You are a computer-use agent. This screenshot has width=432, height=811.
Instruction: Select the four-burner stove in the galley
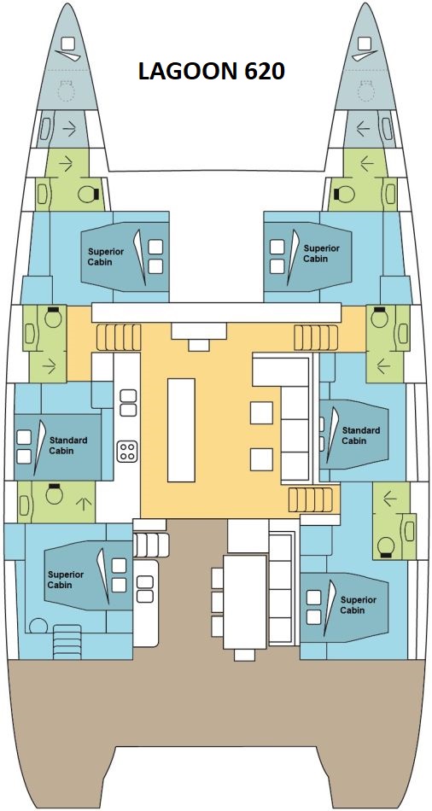[x=127, y=451]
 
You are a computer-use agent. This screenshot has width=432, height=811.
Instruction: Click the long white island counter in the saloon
[x=181, y=429]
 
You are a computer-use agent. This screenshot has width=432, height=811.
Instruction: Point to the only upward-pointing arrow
[x=84, y=503]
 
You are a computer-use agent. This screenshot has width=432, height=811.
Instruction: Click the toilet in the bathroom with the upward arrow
[x=54, y=494]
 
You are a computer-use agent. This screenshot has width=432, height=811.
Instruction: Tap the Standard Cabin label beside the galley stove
[x=68, y=446]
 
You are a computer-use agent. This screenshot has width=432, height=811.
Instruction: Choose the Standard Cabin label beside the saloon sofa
[x=361, y=435]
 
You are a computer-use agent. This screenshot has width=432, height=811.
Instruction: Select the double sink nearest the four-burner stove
[x=128, y=402]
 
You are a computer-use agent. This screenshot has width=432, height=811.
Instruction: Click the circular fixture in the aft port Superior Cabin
[x=38, y=627]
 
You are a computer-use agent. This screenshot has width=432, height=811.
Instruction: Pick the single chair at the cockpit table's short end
[x=244, y=656]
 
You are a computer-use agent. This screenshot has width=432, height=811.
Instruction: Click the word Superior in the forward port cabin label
[x=106, y=252]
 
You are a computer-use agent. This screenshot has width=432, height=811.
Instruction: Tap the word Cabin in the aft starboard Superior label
[x=353, y=610]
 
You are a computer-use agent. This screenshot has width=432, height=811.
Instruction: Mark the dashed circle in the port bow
[x=66, y=91]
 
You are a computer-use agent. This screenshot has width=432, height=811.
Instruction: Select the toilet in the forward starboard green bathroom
[x=344, y=195]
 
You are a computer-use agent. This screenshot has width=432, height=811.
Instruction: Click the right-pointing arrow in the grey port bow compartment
[x=69, y=128]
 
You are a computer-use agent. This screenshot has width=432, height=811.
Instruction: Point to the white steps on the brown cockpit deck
[x=150, y=544]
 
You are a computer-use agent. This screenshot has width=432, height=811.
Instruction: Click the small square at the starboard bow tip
[x=365, y=43]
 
